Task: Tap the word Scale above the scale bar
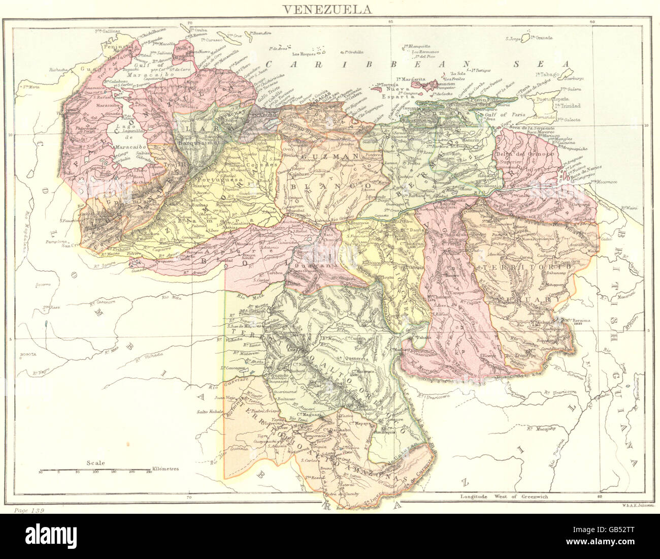[x=95, y=462]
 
